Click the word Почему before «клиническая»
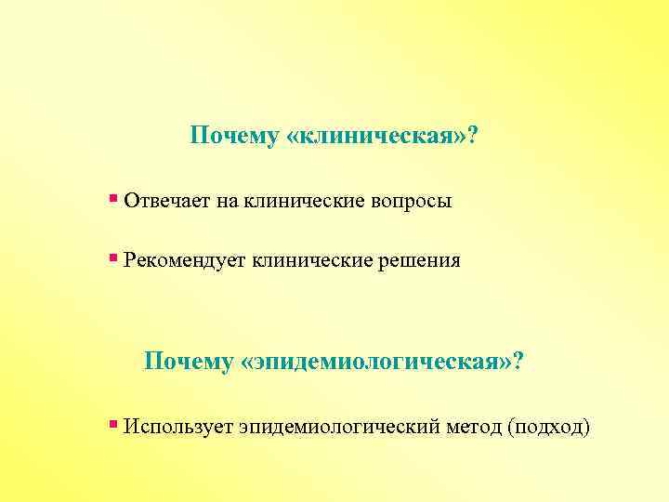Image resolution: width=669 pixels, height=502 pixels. (x=234, y=137)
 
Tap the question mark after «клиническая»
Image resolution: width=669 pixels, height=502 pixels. (x=473, y=137)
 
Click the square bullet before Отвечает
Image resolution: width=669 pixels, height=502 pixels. (x=112, y=198)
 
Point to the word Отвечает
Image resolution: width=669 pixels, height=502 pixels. (x=166, y=201)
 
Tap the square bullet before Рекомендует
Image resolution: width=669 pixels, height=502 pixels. (x=112, y=258)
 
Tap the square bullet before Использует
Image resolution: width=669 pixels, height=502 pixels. (x=112, y=424)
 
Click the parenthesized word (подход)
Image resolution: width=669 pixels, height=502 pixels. (x=549, y=428)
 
